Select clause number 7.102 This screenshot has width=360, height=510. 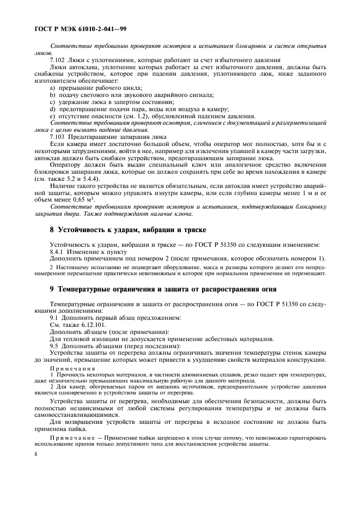(58, 60)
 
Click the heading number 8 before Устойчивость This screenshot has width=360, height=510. (52, 230)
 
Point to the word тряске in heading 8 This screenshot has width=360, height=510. (191, 230)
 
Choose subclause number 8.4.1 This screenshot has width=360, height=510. (58, 251)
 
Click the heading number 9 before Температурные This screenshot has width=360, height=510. (52, 289)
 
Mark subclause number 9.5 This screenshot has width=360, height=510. (54, 345)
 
